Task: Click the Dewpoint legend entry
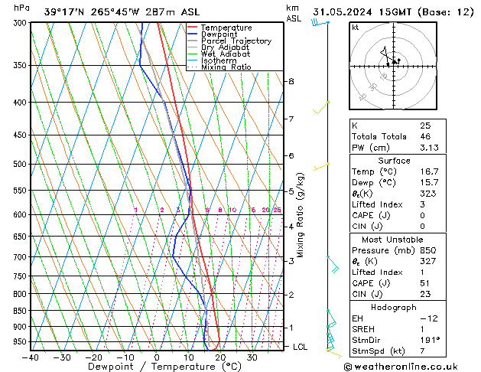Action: (226, 34)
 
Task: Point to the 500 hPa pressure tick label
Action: (18, 164)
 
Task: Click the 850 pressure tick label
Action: (18, 311)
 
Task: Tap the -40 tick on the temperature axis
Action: (30, 357)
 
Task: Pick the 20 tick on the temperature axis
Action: (220, 357)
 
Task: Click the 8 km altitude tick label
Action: (291, 81)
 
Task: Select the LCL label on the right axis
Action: (301, 347)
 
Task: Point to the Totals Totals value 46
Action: (424, 136)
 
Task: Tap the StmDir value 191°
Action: (431, 340)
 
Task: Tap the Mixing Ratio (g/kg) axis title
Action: (301, 214)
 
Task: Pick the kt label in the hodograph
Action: (355, 28)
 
